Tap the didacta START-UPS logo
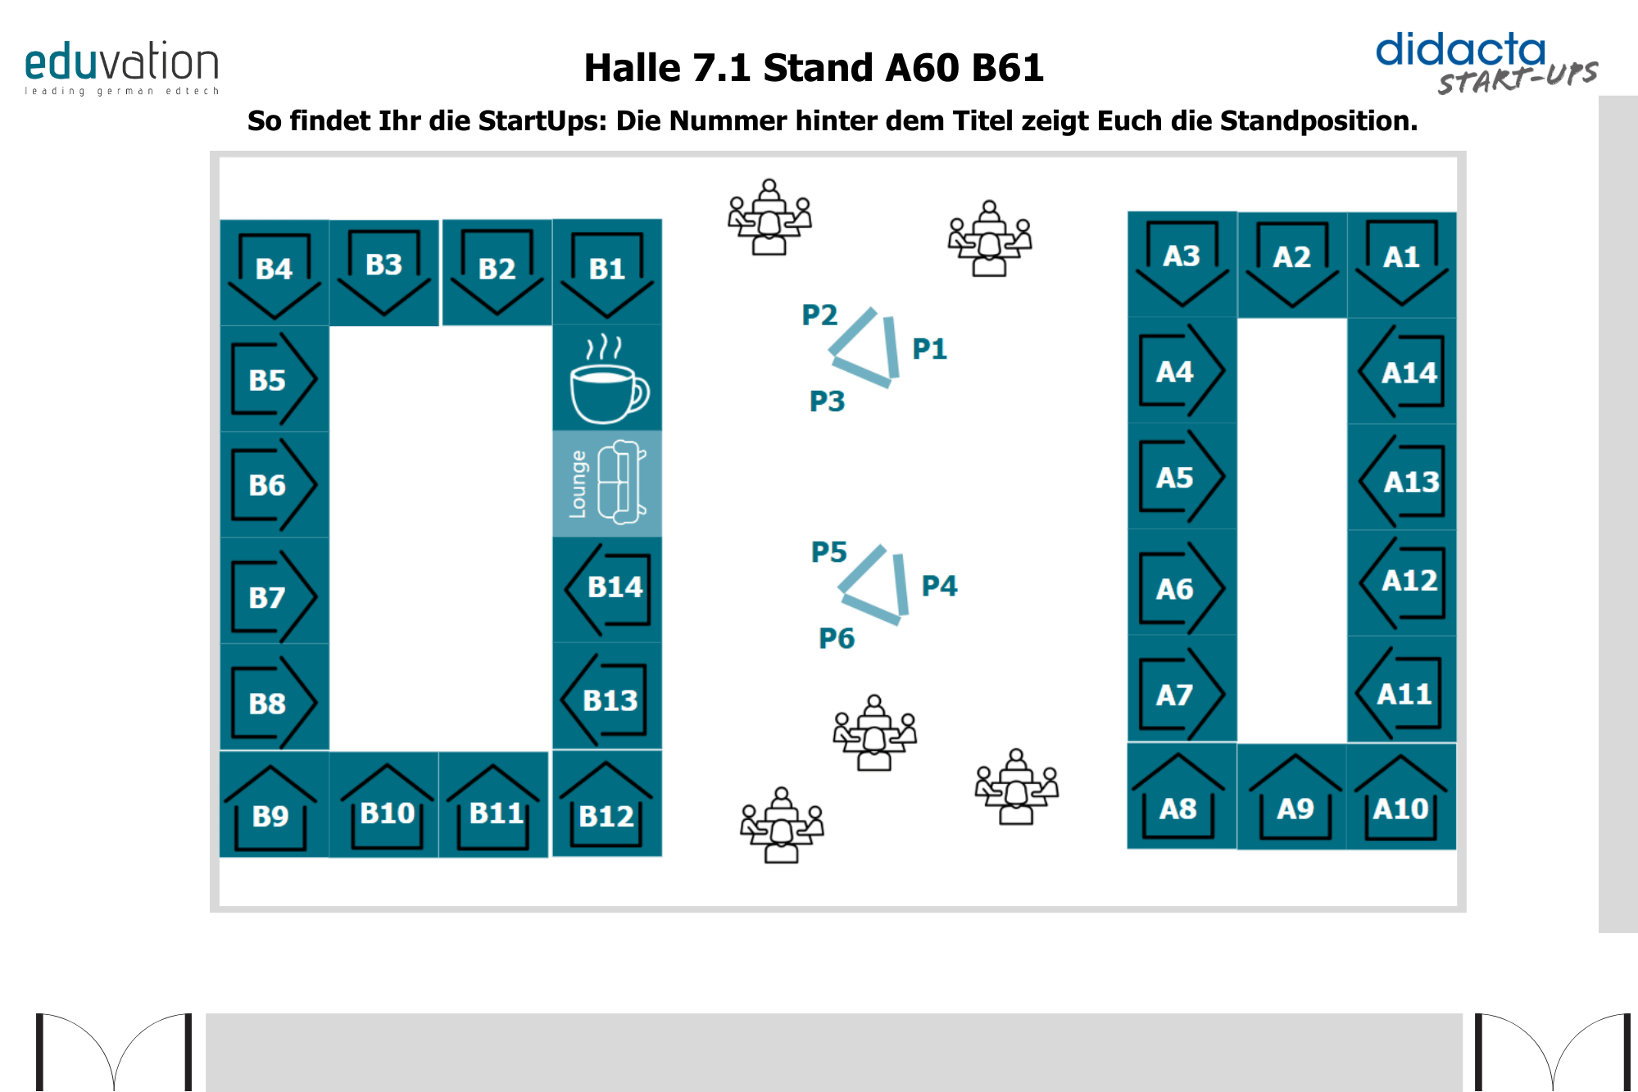coord(1485,62)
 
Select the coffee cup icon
coord(607,379)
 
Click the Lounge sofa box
coord(607,483)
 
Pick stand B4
coord(274,272)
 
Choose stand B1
coord(607,272)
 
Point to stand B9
coord(270,805)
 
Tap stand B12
coord(606,805)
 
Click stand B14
coord(608,588)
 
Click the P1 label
coord(929,349)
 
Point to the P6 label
coord(836,638)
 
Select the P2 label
coord(819,315)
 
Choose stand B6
coord(274,485)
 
